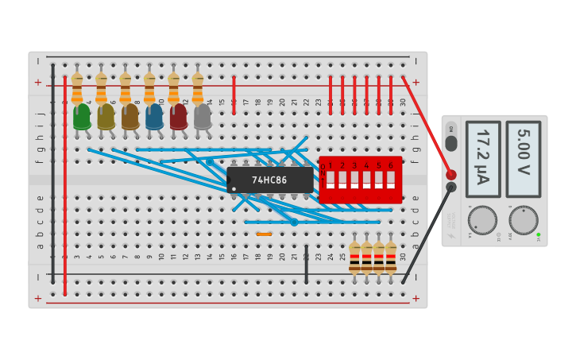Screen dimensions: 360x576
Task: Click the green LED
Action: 81,117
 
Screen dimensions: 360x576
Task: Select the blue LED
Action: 154,117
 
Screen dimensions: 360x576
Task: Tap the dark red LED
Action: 178,117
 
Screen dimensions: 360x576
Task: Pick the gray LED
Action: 203,117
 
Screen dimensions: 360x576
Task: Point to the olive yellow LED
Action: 106,117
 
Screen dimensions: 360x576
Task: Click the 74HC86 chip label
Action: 269,180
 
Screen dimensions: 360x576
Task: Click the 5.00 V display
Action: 523,158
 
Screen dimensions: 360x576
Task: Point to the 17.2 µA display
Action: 482,158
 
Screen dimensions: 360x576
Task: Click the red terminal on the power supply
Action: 451,175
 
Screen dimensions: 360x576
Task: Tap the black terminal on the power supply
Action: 451,188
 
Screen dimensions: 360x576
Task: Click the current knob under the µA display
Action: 482,220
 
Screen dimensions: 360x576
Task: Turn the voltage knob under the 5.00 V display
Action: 523,220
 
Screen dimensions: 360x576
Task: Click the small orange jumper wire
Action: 264,234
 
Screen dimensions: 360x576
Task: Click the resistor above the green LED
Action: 77,89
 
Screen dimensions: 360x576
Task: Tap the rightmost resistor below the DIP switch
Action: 391,257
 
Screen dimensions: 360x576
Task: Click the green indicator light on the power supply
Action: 538,234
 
